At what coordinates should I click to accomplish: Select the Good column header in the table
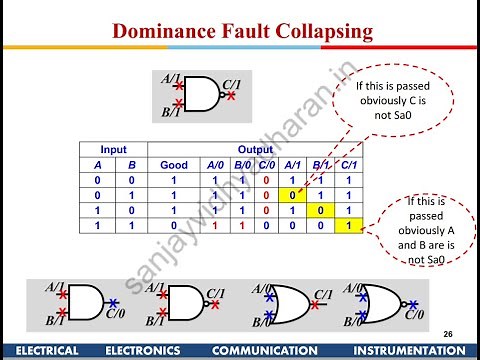[174, 164]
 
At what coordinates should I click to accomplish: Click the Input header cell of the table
[113, 147]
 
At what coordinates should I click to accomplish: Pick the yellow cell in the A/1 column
[289, 196]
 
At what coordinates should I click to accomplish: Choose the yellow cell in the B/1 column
[318, 212]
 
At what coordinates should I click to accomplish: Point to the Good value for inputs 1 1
[174, 228]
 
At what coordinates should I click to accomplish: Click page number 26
[446, 332]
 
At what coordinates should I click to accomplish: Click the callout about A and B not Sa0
[427, 228]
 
